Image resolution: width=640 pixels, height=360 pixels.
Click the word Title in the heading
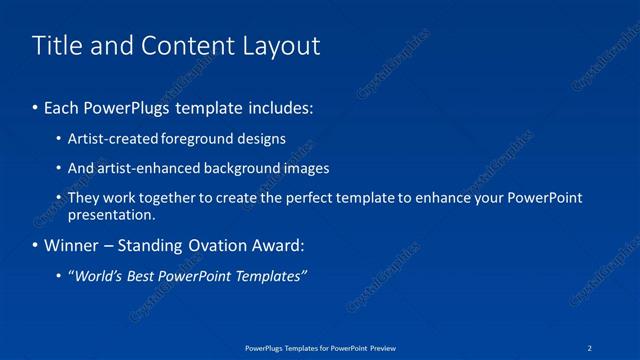(x=57, y=46)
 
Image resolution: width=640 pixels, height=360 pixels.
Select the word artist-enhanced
(x=148, y=168)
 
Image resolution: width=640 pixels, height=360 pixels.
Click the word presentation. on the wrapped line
(x=111, y=214)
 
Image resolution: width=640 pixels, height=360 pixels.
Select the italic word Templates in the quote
(x=270, y=276)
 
